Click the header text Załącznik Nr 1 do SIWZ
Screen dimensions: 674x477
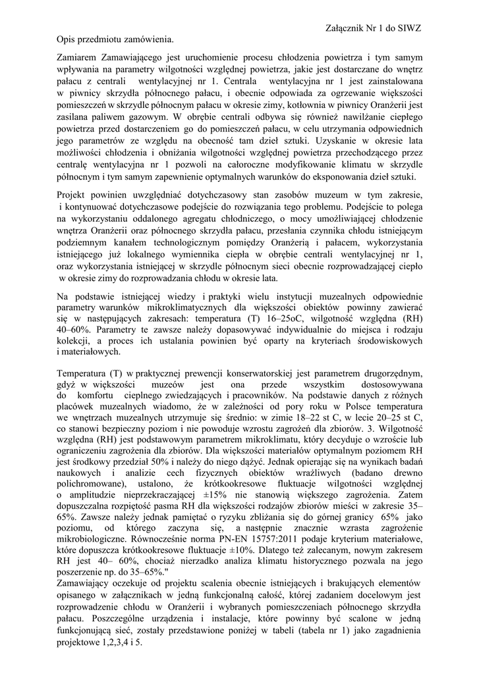[373, 29]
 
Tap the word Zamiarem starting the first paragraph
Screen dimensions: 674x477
[80, 57]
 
